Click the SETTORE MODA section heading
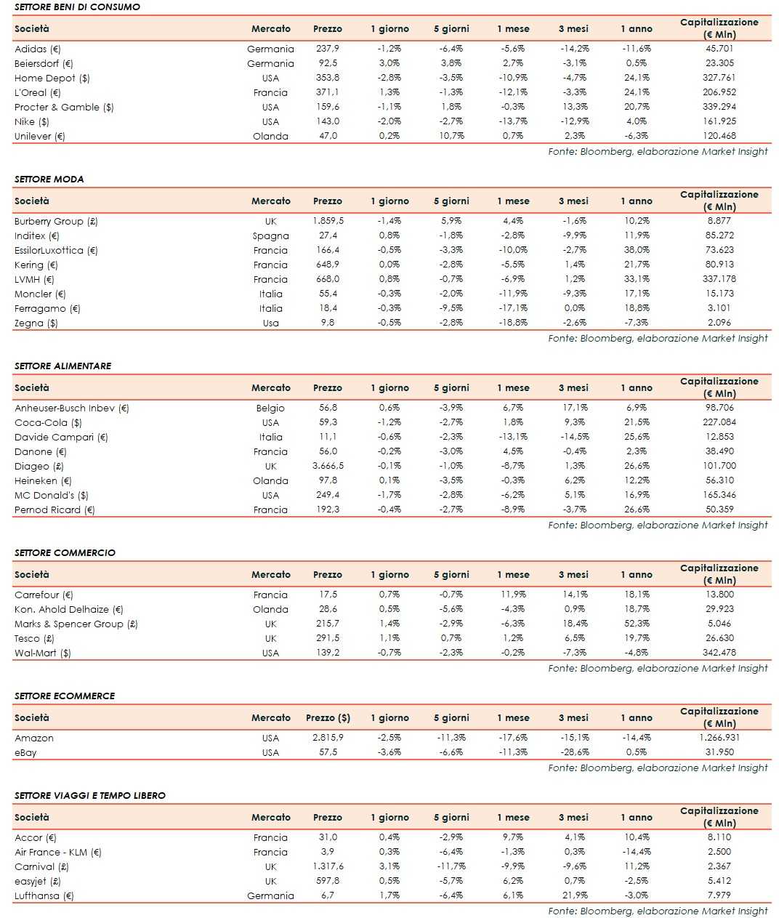pyautogui.click(x=49, y=179)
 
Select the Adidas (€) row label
pyautogui.click(x=37, y=49)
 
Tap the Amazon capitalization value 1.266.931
pyautogui.click(x=719, y=737)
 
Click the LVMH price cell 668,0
pyautogui.click(x=327, y=279)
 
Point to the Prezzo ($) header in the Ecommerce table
pyautogui.click(x=328, y=717)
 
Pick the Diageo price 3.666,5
pyautogui.click(x=328, y=466)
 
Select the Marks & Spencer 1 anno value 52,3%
pyautogui.click(x=637, y=624)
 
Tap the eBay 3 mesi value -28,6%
pyautogui.click(x=574, y=752)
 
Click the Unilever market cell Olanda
pyautogui.click(x=270, y=136)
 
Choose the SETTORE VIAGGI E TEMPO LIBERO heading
pyautogui.click(x=89, y=795)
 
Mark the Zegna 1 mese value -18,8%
pyautogui.click(x=513, y=323)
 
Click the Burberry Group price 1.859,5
pyautogui.click(x=328, y=221)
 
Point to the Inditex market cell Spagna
pyautogui.click(x=270, y=235)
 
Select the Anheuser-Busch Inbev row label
pyautogui.click(x=71, y=408)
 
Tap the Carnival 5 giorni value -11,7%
pyautogui.click(x=451, y=866)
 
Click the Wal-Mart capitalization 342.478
pyautogui.click(x=719, y=653)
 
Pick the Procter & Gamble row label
pyautogui.click(x=64, y=107)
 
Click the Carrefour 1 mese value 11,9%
pyautogui.click(x=513, y=595)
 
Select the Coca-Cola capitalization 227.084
pyautogui.click(x=719, y=422)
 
